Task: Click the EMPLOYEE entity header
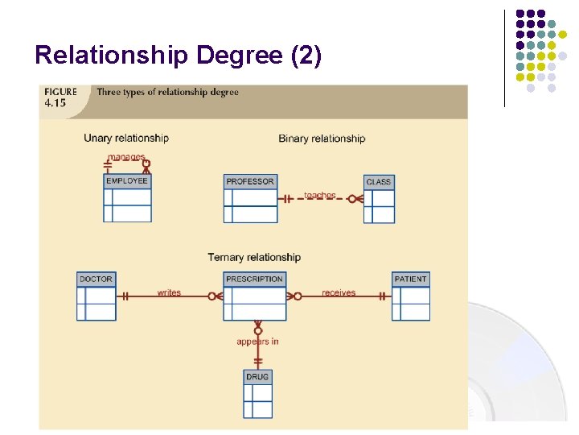pos(127,181)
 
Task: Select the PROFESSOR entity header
pos(250,181)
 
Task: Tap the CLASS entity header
pos(379,182)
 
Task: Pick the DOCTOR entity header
pos(96,279)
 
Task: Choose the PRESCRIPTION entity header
pos(255,279)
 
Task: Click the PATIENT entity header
pos(411,279)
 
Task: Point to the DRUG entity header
pos(258,376)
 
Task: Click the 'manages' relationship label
pos(125,158)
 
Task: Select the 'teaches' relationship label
pos(320,196)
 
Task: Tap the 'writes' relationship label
pos(169,292)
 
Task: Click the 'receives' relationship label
pos(339,292)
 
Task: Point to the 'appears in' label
pos(257,342)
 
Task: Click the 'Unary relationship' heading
pos(126,138)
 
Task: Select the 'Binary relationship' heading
pos(322,139)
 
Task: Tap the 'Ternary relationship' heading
pos(254,258)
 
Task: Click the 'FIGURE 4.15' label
pos(60,97)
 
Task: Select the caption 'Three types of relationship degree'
pos(167,92)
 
